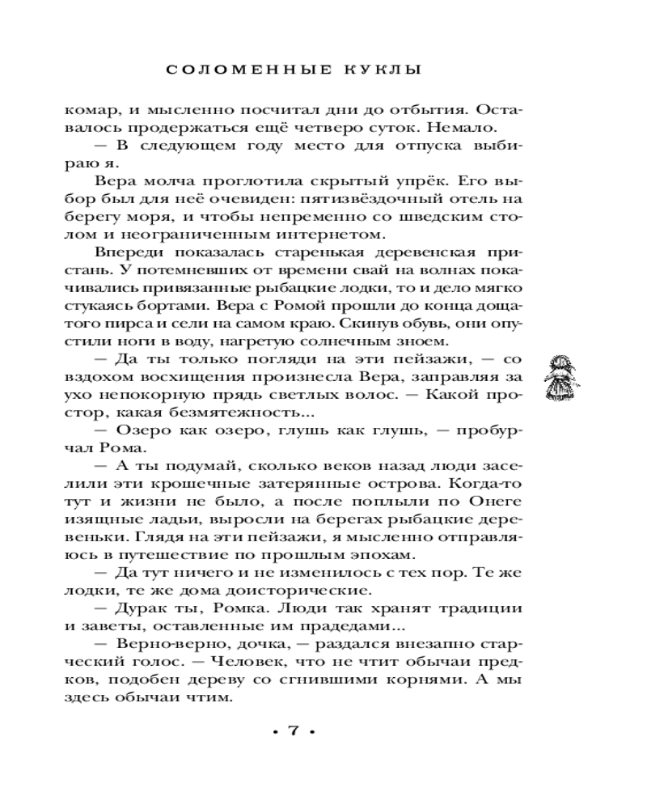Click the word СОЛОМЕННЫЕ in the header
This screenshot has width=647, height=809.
click(x=243, y=70)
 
